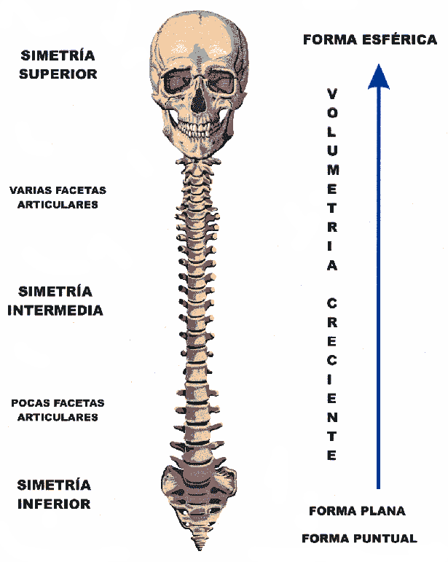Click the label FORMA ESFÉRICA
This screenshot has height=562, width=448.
pos(369,40)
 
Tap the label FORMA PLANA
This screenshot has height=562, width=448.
pos(357,511)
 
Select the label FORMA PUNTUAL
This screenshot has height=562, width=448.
pos(359,539)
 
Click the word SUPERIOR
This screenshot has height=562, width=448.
pos(58,74)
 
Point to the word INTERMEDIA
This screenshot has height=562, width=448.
pos(55,310)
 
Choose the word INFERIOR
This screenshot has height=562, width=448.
pos(54,504)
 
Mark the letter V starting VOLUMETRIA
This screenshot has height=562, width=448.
pos(332,94)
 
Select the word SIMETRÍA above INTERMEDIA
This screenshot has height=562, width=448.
pos(55,292)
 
